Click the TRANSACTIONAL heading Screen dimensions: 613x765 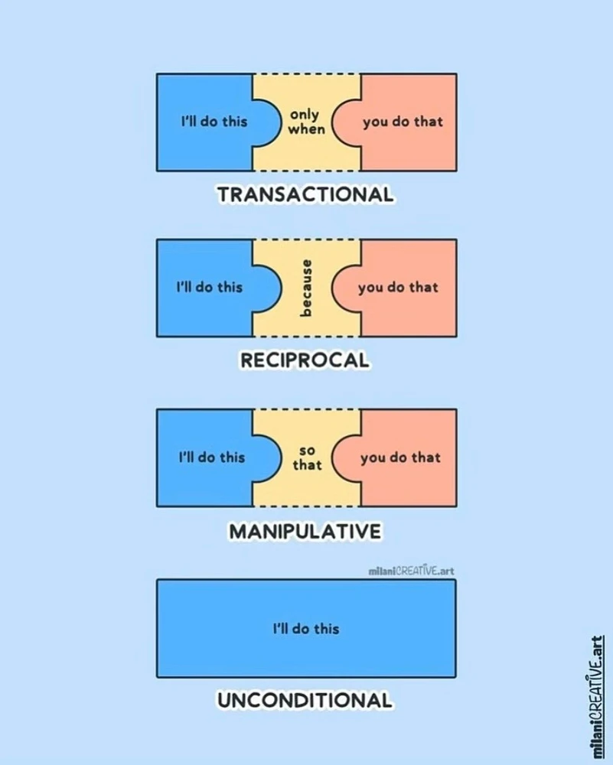pos(305,194)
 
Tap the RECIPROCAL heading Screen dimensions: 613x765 pos(305,360)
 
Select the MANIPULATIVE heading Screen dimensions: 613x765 pos(305,531)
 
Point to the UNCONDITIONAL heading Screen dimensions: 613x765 pos(305,701)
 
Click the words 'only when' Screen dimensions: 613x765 pos(306,122)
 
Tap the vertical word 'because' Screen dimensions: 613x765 pos(305,288)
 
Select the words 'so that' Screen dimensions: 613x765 pos(307,458)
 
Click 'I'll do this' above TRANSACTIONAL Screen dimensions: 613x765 pos(214,121)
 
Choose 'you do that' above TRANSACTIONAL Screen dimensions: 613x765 pos(403,122)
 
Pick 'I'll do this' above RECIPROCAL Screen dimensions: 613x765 pos(210,287)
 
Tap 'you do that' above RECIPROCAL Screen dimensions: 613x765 pos(398,288)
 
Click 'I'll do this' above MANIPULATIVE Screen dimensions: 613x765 pos(212,457)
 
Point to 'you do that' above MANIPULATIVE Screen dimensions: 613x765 pos(401,457)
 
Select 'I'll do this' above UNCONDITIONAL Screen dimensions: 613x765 pos(306,628)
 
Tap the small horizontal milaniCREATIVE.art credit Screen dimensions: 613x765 pos(412,571)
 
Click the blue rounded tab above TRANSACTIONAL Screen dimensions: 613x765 pos(268,122)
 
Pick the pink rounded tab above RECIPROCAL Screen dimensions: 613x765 pos(346,288)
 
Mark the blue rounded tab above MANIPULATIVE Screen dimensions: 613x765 pos(268,458)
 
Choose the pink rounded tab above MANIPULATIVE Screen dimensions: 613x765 pos(346,458)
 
